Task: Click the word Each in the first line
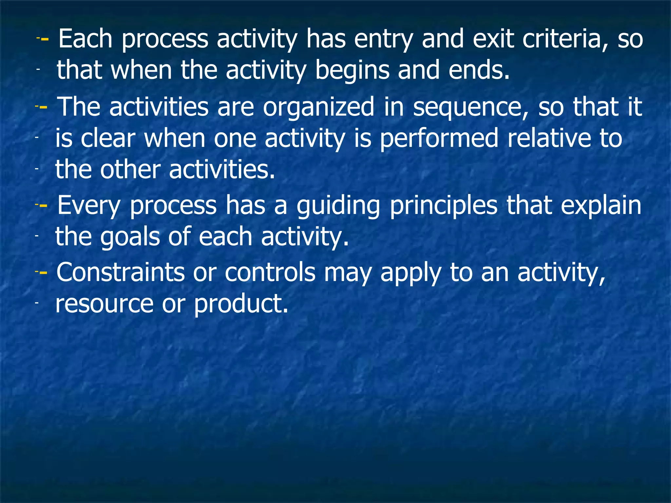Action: [x=85, y=39]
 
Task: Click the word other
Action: [x=130, y=170]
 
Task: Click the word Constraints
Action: [x=121, y=272]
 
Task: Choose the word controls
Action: [x=270, y=272]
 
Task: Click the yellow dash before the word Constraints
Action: [x=43, y=272]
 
